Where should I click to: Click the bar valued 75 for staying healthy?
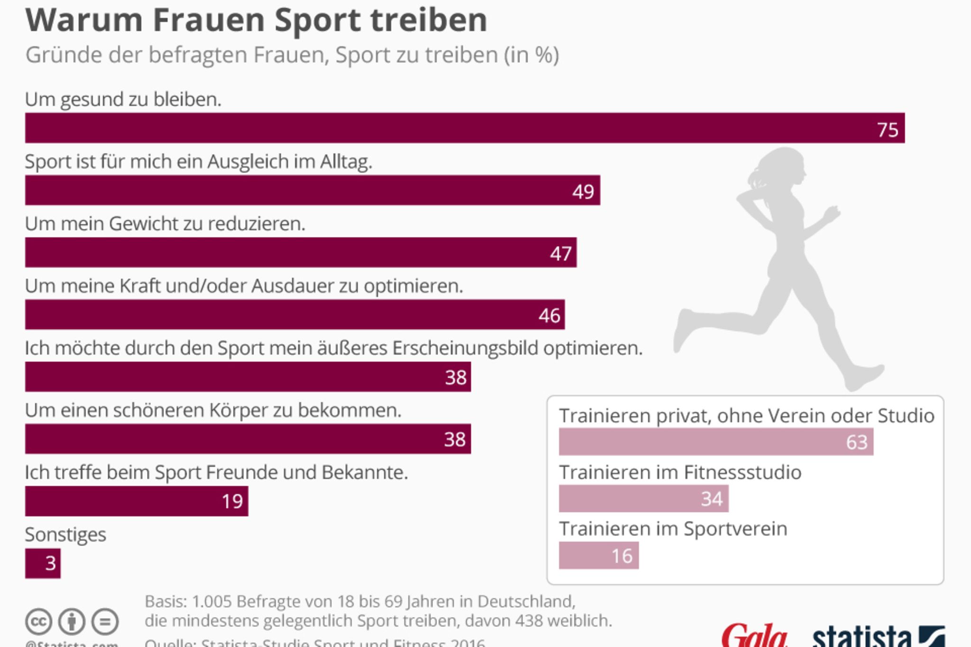[x=465, y=128]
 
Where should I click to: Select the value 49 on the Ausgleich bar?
[x=583, y=191]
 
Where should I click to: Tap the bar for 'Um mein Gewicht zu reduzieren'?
[x=301, y=253]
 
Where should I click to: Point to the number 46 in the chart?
[x=549, y=316]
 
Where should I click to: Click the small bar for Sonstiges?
[x=43, y=563]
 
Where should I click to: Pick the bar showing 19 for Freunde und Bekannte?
[x=137, y=501]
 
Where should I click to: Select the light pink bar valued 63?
[x=716, y=442]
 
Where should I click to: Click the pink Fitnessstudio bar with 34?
[x=643, y=499]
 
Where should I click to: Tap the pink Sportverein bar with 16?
[x=598, y=556]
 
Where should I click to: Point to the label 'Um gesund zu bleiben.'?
[x=123, y=100]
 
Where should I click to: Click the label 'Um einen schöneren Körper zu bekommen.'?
[x=213, y=410]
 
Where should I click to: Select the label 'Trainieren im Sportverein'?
[x=673, y=529]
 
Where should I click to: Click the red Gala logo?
[x=754, y=636]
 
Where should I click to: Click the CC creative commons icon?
[x=38, y=621]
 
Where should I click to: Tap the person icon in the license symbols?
[x=72, y=621]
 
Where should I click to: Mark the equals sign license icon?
[x=105, y=621]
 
